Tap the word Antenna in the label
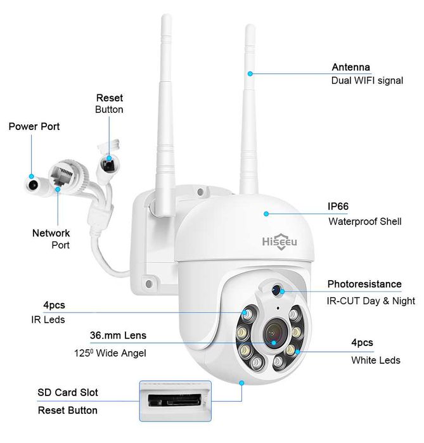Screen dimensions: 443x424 pyautogui.click(x=350, y=67)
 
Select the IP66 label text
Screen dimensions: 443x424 pyautogui.click(x=339, y=207)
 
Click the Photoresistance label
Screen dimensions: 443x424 pyautogui.click(x=364, y=284)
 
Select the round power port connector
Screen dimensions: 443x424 pyautogui.click(x=32, y=184)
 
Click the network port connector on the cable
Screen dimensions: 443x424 pyautogui.click(x=61, y=172)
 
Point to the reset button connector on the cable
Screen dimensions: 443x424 pyautogui.click(x=110, y=161)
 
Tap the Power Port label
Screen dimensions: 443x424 pyautogui.click(x=34, y=126)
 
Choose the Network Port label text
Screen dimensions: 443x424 pyautogui.click(x=51, y=239)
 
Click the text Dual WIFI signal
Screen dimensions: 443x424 pyautogui.click(x=366, y=81)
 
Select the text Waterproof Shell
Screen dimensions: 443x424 pyautogui.click(x=364, y=222)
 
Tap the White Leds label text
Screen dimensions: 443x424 pyautogui.click(x=375, y=360)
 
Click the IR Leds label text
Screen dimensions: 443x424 pyautogui.click(x=48, y=319)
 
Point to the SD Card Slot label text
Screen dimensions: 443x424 pyautogui.click(x=68, y=393)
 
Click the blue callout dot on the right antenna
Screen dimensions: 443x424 pyautogui.click(x=250, y=74)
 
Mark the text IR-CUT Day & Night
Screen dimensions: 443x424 pyautogui.click(x=371, y=301)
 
